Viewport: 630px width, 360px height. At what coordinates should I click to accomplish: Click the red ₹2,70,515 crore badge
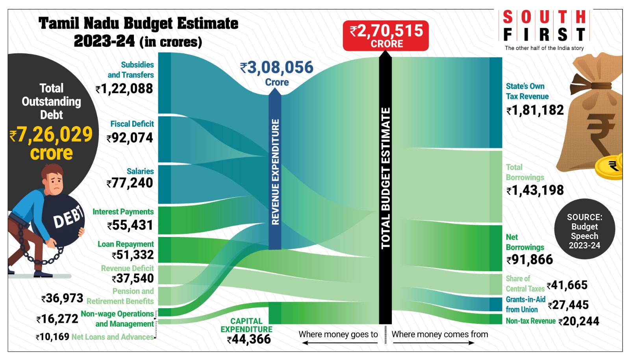click(385, 35)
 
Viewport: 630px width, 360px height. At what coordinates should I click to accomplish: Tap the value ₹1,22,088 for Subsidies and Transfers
click(124, 89)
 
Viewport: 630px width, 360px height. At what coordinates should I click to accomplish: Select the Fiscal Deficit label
click(132, 124)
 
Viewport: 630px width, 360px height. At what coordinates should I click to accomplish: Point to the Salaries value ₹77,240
click(130, 183)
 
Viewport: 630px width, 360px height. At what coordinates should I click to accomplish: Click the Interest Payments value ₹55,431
click(130, 225)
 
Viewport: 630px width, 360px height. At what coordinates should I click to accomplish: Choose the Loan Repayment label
click(126, 244)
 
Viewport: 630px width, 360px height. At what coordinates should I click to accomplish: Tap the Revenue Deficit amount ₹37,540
click(133, 278)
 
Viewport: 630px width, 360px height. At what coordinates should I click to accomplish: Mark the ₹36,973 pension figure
click(63, 298)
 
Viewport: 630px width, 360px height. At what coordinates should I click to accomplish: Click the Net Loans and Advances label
click(113, 337)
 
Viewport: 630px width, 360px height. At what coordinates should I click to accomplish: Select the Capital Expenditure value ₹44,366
click(249, 339)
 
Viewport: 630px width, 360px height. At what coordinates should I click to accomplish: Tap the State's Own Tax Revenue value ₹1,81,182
click(535, 110)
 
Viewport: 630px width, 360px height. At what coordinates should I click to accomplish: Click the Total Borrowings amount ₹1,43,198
click(535, 191)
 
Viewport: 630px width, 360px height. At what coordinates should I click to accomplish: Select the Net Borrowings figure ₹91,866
click(530, 260)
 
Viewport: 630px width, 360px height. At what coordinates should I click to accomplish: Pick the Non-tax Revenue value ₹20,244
click(579, 321)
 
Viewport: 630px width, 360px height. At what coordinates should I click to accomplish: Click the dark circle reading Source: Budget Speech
click(584, 231)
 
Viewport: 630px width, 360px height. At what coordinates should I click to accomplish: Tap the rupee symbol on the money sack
click(599, 134)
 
